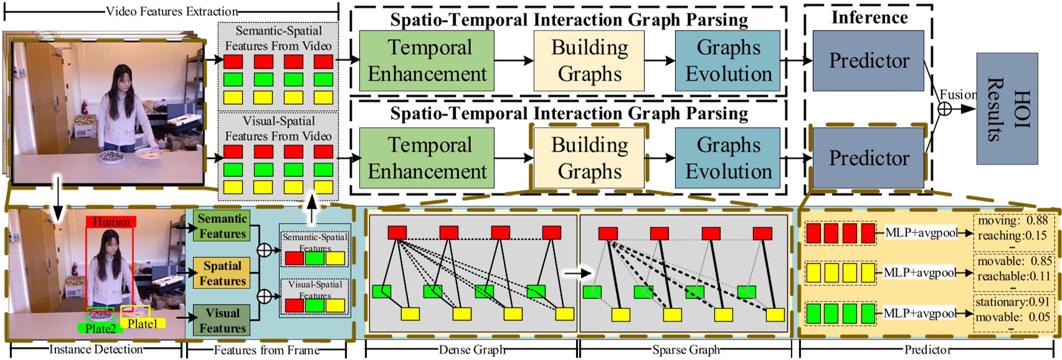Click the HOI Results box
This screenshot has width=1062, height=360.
click(1007, 108)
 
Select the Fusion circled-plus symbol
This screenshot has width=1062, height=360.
click(945, 108)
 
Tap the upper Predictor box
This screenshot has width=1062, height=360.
click(868, 60)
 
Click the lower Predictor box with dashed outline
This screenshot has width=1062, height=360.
click(868, 158)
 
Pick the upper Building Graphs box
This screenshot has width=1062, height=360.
click(589, 60)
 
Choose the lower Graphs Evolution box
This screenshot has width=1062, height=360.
click(728, 158)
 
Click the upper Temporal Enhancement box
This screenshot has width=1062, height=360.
click(427, 60)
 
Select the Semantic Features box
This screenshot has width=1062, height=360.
click(222, 226)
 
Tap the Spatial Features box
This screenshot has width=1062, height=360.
click(222, 273)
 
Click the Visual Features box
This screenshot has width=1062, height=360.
click(222, 320)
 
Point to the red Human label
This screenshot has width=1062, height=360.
click(111, 222)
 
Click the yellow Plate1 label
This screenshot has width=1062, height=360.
click(143, 324)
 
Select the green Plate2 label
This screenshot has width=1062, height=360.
click(100, 329)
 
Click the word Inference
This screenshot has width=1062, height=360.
click(869, 17)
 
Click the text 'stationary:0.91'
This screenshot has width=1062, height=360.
click(1012, 302)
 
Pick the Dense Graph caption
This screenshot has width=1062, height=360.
click(472, 350)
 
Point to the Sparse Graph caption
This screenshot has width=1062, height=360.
click(686, 350)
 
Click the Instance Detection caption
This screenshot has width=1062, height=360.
click(96, 349)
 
